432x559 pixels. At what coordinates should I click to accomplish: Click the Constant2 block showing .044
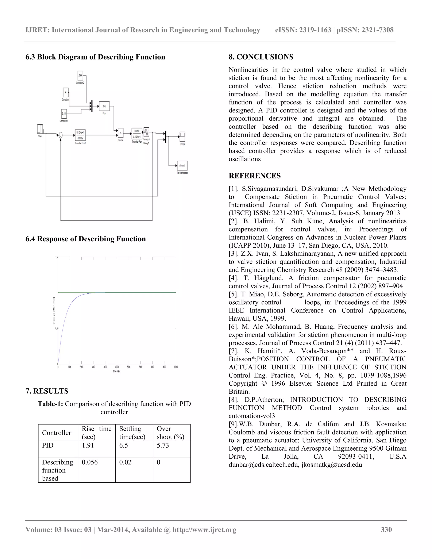pyautogui.click(x=80, y=76)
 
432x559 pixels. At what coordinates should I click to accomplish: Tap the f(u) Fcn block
pyautogui.click(x=104, y=106)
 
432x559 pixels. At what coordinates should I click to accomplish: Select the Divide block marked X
pyautogui.click(x=120, y=133)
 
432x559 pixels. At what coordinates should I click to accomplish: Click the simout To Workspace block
pyautogui.click(x=182, y=166)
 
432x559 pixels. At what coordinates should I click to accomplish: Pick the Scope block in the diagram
pyautogui.click(x=182, y=137)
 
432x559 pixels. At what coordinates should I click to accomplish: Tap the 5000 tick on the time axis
pyautogui.click(x=117, y=367)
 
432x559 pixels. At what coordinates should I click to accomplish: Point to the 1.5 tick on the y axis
pyautogui.click(x=56, y=258)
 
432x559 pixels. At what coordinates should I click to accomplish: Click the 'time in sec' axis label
pyautogui.click(x=117, y=371)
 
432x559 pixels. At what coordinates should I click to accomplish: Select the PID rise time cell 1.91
pyautogui.click(x=88, y=445)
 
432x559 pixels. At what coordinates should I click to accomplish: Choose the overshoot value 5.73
pyautogui.click(x=163, y=445)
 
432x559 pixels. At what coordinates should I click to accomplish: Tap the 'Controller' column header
pyautogui.click(x=57, y=433)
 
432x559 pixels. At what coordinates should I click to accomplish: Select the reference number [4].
pyautogui.click(x=234, y=278)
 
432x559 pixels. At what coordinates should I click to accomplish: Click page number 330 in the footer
pyautogui.click(x=386, y=529)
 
